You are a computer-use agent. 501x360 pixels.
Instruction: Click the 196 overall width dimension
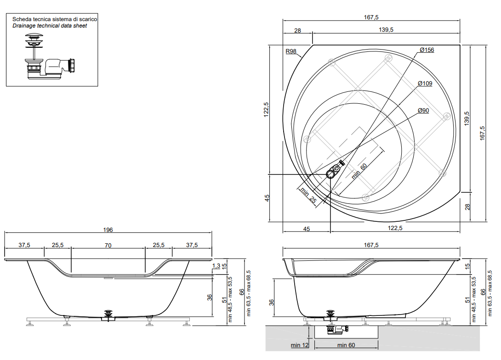(108, 230)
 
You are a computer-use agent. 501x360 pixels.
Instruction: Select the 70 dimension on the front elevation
(108, 246)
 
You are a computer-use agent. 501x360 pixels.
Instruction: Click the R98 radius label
(291, 51)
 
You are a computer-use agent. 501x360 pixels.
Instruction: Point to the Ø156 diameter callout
(427, 50)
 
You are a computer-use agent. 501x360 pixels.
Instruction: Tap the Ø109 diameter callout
(425, 84)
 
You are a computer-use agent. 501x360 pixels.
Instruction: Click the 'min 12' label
(300, 345)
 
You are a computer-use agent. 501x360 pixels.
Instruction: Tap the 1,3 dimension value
(216, 266)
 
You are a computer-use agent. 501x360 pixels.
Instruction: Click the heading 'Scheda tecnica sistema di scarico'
(55, 19)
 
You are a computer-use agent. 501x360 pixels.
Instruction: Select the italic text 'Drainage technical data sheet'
(50, 26)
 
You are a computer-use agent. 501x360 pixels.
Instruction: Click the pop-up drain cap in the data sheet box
(34, 37)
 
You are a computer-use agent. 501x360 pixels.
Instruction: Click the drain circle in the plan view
(331, 174)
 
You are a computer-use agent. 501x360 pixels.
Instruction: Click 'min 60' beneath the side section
(346, 345)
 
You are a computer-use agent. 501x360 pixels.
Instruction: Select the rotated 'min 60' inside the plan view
(359, 171)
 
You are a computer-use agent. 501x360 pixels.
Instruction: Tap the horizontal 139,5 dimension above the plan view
(386, 30)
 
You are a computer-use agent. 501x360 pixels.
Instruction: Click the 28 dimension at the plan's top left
(297, 31)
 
